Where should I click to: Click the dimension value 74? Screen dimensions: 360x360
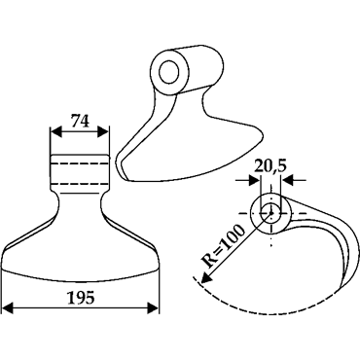(x=80, y=122)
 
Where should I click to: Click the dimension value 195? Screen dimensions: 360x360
(x=81, y=298)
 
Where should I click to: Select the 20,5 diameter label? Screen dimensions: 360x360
(x=270, y=166)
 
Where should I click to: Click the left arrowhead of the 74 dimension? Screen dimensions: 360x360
(x=56, y=132)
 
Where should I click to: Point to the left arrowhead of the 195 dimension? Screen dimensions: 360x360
(x=8, y=307)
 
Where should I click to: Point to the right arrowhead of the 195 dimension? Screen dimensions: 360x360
(x=153, y=307)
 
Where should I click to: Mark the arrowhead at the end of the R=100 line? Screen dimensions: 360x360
(x=205, y=278)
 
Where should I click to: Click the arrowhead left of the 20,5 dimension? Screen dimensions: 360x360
(x=255, y=180)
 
